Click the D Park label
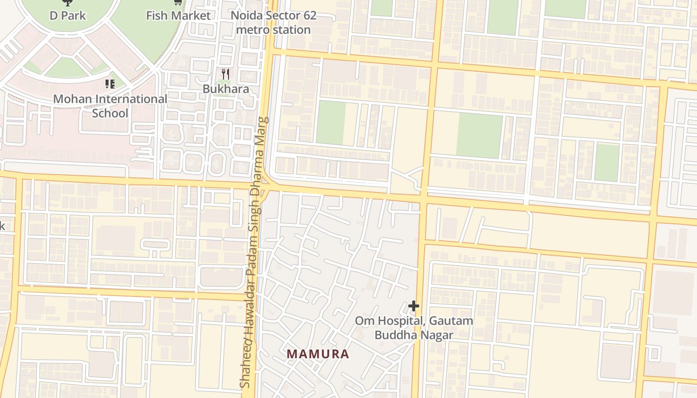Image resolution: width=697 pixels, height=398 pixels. (68, 15)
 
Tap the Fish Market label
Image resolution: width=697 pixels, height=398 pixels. (178, 15)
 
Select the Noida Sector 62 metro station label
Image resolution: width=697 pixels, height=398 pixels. (273, 22)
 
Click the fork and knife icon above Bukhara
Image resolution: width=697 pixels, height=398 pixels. (226, 74)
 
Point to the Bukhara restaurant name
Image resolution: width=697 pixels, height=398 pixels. (226, 89)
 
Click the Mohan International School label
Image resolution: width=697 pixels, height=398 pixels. (110, 106)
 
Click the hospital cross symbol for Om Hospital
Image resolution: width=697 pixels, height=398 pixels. (413, 305)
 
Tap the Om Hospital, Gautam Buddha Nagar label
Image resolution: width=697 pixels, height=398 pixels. (414, 328)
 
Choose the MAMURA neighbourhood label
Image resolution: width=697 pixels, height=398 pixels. (318, 354)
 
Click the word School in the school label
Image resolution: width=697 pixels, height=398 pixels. (110, 113)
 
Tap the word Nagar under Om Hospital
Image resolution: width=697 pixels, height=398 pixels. (437, 335)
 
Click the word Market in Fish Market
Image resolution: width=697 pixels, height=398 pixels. (191, 15)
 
